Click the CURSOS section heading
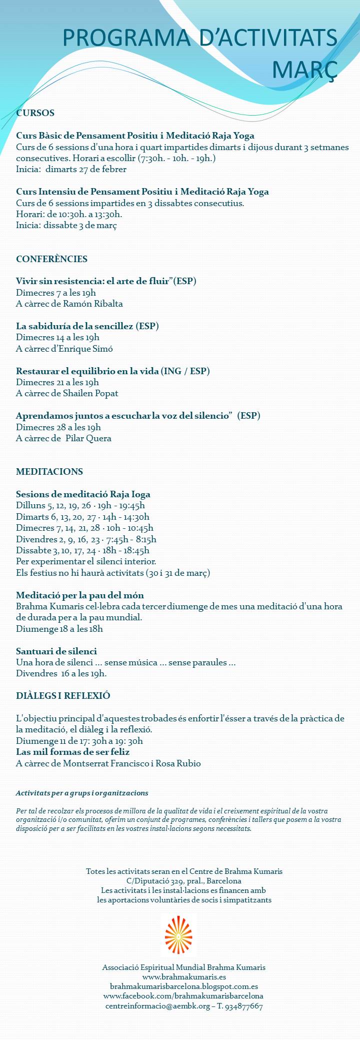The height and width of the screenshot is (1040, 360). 35,113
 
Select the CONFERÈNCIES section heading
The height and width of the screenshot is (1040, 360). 51,259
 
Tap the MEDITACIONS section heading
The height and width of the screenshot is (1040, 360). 49,472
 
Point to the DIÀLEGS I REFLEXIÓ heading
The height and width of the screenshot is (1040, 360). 63,696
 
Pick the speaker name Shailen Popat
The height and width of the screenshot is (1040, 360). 91,393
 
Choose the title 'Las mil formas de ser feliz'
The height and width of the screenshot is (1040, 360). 73,752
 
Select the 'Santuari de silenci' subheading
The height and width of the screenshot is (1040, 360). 56,651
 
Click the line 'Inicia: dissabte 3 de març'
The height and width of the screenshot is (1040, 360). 66,226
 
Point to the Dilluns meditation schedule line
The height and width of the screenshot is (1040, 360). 80,505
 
